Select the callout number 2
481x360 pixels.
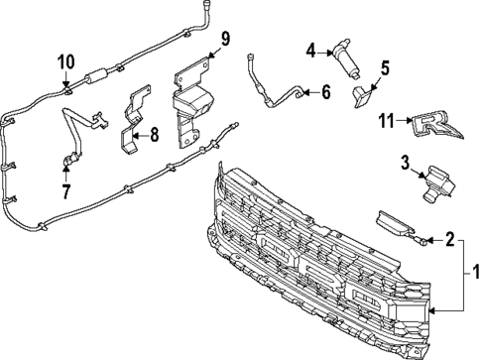pyautogui.click(x=449, y=238)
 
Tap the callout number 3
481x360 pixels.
pyautogui.click(x=406, y=162)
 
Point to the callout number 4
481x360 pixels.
pyautogui.click(x=310, y=50)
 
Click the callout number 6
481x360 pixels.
pyautogui.click(x=326, y=92)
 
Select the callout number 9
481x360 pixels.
pyautogui.click(x=225, y=40)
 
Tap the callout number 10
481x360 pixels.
pyautogui.click(x=64, y=61)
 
